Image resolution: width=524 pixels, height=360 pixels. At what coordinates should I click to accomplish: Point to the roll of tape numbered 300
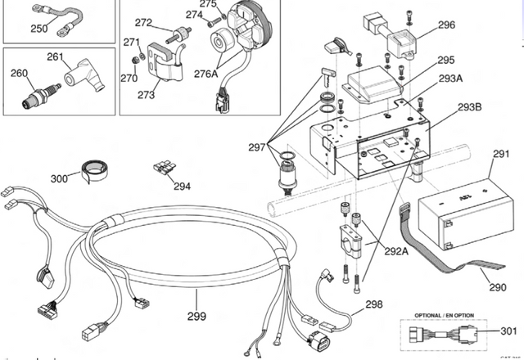(97, 169)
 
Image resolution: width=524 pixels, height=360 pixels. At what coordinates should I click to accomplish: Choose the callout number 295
(445, 60)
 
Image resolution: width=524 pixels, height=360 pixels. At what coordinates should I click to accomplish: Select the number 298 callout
(374, 304)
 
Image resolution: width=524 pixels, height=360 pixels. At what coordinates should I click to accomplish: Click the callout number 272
(143, 22)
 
